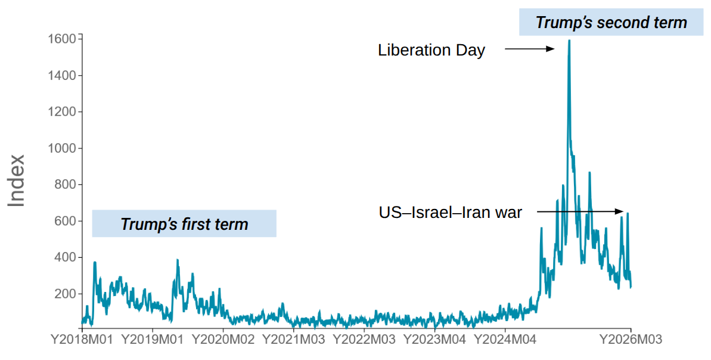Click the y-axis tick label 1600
coord(62,39)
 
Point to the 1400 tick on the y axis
coord(62,75)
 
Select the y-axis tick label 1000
coord(62,148)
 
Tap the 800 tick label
coord(65,184)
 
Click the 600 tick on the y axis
coord(65,221)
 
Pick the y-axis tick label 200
coord(65,294)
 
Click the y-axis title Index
coord(17,180)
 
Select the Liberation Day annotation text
coord(431,50)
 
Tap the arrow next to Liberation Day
coord(530,50)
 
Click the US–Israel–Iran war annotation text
coord(451,212)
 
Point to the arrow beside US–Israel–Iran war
coord(580,211)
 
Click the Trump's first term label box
coord(184,224)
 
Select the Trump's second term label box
coord(611,23)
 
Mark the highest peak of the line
coord(569,41)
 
